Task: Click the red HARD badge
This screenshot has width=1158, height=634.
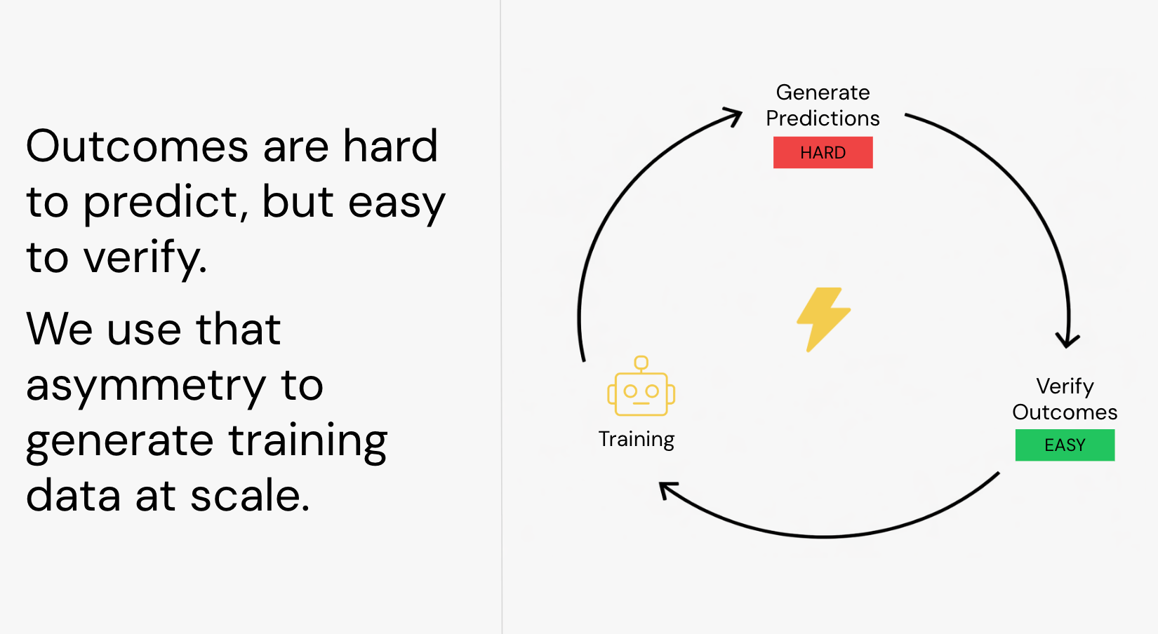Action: coord(823,152)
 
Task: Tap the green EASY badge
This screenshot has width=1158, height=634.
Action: coord(1065,445)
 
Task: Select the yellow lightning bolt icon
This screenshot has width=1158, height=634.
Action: coord(823,320)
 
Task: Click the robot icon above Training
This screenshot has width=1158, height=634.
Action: coord(641,386)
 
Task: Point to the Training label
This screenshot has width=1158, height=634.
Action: coord(637,439)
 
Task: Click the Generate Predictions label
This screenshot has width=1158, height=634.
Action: coord(823,105)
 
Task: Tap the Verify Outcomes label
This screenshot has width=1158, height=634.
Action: coord(1065,399)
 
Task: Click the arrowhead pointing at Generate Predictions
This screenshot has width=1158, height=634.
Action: coord(734,116)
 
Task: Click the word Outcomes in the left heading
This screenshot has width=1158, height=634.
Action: coord(137,147)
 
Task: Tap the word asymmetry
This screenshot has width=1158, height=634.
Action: coord(146,386)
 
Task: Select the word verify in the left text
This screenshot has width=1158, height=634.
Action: coord(145,258)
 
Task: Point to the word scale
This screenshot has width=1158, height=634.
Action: coord(251,494)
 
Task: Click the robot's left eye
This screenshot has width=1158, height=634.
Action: coord(630,391)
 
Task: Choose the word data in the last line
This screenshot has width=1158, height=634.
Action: coord(74,494)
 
